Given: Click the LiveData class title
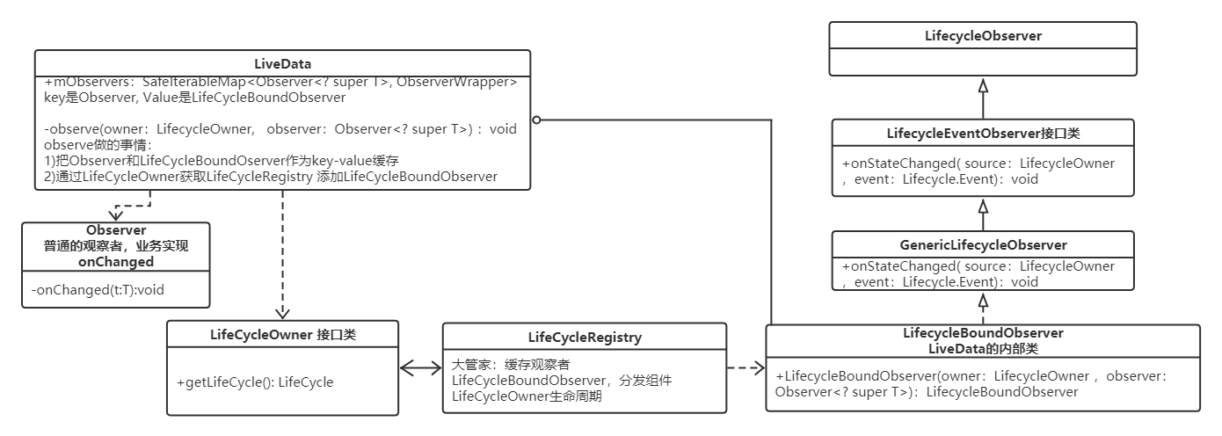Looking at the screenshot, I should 282,63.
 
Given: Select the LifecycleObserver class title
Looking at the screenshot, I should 983,36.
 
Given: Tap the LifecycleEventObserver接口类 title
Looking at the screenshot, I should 983,134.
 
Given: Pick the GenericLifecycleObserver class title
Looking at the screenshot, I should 983,245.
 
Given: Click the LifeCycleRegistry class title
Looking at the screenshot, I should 585,337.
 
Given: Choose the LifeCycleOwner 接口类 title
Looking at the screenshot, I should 282,335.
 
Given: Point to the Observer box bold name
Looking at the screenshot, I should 116,230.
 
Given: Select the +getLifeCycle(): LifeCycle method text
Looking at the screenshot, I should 255,382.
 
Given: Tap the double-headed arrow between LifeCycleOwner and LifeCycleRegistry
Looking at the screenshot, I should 420,369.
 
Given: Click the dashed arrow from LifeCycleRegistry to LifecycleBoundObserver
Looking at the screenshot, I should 746,369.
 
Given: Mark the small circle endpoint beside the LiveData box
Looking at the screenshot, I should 535,120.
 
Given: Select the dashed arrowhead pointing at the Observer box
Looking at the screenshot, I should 116,215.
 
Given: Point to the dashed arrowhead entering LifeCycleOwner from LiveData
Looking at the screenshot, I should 282,313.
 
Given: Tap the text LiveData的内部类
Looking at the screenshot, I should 983,349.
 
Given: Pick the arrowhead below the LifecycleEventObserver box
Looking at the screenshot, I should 983,206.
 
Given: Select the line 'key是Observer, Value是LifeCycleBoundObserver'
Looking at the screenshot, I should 194,98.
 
